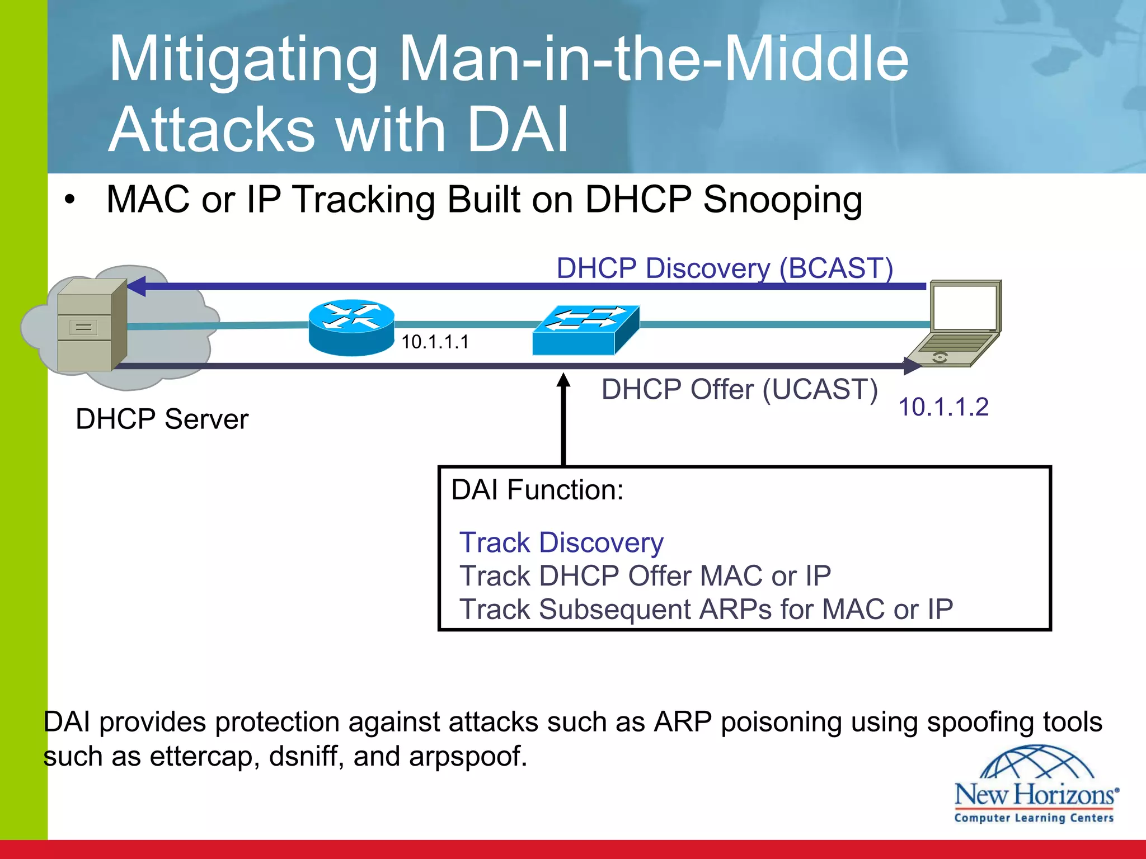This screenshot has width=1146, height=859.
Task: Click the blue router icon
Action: tap(351, 328)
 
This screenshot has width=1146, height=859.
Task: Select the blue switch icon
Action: tap(585, 329)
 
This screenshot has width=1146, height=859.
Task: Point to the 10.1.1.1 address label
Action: tap(435, 342)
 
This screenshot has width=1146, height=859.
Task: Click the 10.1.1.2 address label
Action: tap(943, 407)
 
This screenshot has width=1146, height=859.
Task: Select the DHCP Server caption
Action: tap(162, 419)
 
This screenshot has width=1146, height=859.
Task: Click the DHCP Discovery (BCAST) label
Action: tap(724, 268)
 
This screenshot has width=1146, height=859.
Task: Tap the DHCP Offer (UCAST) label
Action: tap(739, 389)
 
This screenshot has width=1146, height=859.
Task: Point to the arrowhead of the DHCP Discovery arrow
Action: tap(136, 286)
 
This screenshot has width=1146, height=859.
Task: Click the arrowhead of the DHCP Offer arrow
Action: tap(912, 366)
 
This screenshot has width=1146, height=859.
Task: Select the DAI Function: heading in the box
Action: tap(537, 490)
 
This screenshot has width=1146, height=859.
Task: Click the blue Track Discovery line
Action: tap(561, 542)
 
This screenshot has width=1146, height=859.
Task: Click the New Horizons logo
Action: tap(1035, 785)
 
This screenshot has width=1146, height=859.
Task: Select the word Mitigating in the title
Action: tap(244, 60)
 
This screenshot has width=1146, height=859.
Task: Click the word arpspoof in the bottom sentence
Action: tap(468, 757)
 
